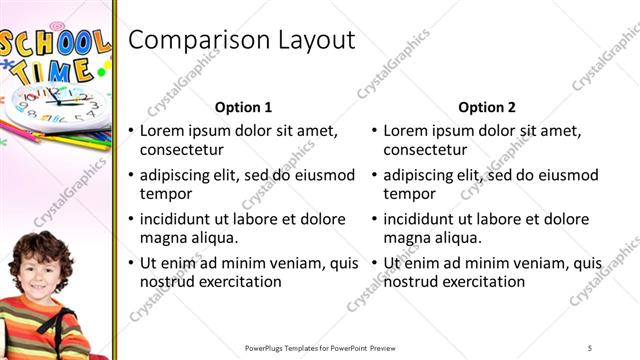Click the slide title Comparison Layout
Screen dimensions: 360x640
pyautogui.click(x=243, y=40)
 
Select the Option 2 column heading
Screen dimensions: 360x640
pyautogui.click(x=487, y=107)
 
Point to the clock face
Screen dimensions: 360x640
pyautogui.click(x=56, y=103)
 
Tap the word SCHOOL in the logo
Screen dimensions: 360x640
pyautogui.click(x=55, y=44)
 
